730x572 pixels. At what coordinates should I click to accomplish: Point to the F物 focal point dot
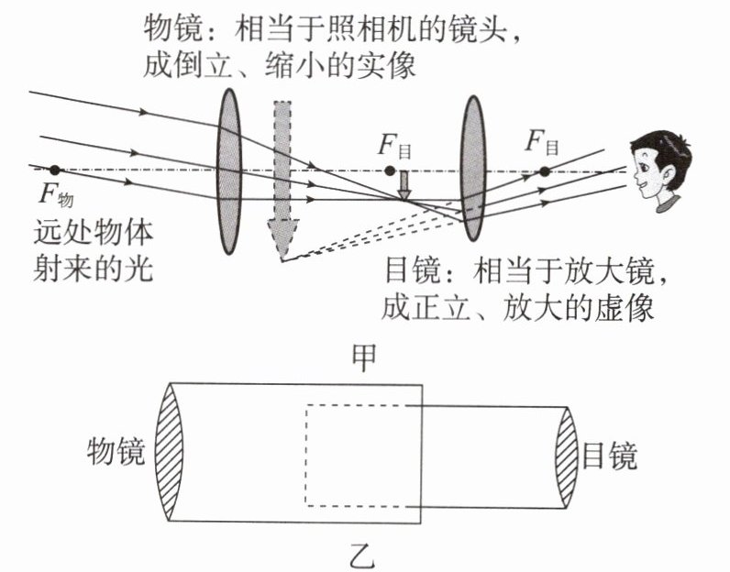click(x=56, y=170)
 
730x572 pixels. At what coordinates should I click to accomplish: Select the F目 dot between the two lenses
click(x=391, y=170)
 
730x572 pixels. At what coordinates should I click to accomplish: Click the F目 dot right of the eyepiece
click(x=544, y=171)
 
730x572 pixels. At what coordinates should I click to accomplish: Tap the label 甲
click(x=365, y=358)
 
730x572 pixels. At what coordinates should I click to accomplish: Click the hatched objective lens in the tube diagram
click(x=169, y=454)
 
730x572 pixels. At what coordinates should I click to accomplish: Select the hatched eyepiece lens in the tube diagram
click(x=566, y=454)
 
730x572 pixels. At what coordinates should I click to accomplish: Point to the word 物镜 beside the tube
click(x=116, y=455)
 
